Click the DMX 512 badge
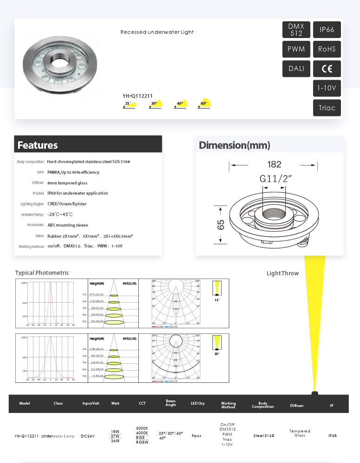point(296,30)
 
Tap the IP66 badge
point(327,30)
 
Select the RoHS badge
point(327,49)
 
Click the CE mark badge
point(327,69)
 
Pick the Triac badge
point(327,108)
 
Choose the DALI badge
point(296,69)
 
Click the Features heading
point(38,145)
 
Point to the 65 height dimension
point(221,225)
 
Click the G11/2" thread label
point(276,179)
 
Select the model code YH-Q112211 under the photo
point(138,96)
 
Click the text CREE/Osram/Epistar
point(67,204)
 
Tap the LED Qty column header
point(198,403)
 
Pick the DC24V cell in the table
point(90,436)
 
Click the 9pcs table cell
point(196,436)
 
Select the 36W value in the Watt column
point(115,441)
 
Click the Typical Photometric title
point(42,273)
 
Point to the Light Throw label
point(283,273)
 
